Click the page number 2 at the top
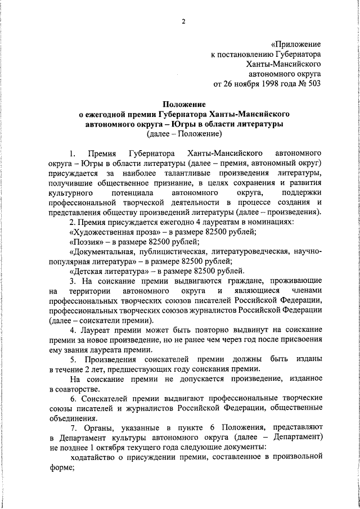click(183, 22)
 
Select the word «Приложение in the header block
click(295, 44)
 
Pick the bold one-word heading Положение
click(184, 103)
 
